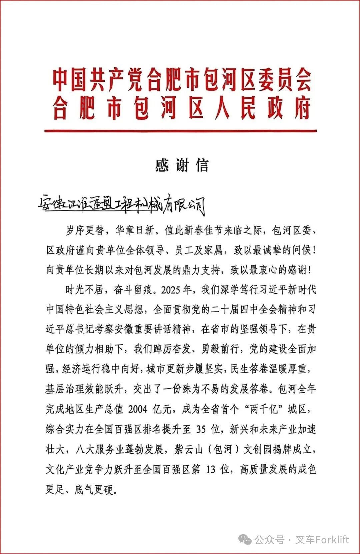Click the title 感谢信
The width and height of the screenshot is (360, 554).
click(x=182, y=165)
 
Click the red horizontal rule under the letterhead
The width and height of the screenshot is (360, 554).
click(x=180, y=131)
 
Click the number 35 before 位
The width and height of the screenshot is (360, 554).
click(x=201, y=429)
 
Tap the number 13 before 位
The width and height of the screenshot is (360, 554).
click(x=211, y=470)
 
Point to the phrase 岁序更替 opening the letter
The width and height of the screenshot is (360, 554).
click(x=85, y=230)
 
